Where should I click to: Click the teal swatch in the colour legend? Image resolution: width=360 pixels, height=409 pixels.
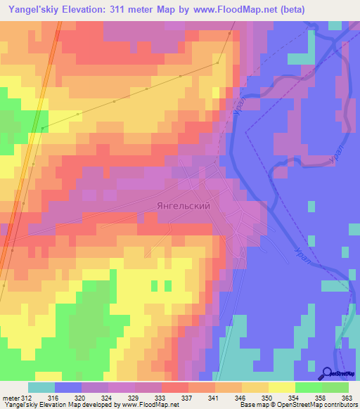(x=41, y=387)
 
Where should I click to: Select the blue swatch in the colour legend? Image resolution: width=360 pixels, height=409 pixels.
(x=68, y=387)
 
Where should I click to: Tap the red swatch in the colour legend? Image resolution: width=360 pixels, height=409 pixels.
(x=175, y=387)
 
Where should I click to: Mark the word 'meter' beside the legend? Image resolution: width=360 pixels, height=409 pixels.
(x=11, y=398)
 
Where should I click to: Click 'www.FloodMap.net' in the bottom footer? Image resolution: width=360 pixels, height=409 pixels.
(x=148, y=405)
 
